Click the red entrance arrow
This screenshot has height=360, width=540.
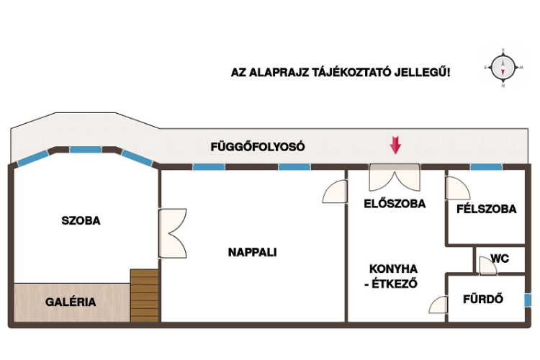395,145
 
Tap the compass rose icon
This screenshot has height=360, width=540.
503,68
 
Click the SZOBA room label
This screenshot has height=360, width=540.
81,220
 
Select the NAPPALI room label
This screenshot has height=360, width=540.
253,252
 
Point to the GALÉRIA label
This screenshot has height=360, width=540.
71,302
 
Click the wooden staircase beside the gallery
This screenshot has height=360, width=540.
144,296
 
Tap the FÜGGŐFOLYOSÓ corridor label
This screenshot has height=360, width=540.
258,147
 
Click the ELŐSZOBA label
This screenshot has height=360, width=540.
395,204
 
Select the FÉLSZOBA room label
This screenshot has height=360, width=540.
486,209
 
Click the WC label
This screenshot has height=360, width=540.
500,258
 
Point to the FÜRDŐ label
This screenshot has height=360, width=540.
483,299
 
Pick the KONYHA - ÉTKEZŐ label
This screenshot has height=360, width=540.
392,276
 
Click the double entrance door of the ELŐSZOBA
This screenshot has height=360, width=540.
395,177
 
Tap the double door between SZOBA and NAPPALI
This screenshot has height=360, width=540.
173,233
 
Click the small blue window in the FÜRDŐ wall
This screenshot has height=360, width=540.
528,300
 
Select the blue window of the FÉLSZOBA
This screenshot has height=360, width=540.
486,167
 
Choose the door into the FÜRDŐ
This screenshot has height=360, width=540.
438,305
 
